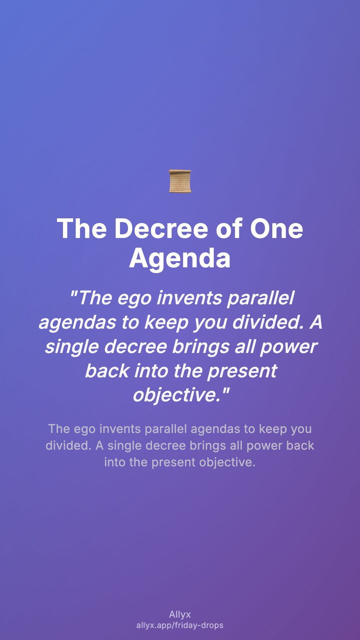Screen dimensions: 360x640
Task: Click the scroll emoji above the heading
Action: (x=180, y=181)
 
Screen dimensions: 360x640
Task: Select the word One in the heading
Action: (x=276, y=229)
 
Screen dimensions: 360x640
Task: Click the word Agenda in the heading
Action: (x=180, y=258)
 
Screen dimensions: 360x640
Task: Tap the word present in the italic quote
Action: (x=242, y=371)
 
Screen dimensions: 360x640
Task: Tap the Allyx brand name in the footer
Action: (x=180, y=615)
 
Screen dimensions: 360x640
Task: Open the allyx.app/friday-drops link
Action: (x=180, y=625)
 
